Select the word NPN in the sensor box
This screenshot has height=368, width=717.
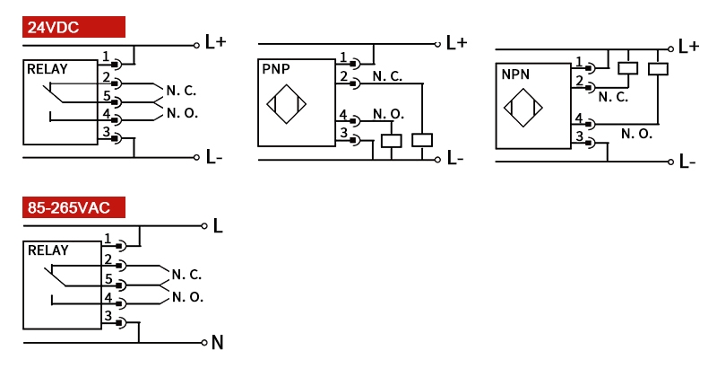pyautogui.click(x=514, y=76)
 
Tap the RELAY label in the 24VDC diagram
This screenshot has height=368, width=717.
pyautogui.click(x=48, y=69)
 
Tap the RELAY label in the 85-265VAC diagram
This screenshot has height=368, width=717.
pyautogui.click(x=48, y=250)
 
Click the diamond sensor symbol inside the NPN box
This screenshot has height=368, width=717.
pyautogui.click(x=523, y=112)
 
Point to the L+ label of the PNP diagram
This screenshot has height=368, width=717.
pyautogui.click(x=456, y=43)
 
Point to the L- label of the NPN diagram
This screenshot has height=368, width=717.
pyautogui.click(x=687, y=162)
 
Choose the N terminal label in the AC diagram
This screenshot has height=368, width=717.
pyautogui.click(x=217, y=342)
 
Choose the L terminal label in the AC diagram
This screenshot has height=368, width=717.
pyautogui.click(x=217, y=225)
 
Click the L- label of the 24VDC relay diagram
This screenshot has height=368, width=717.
pyautogui.click(x=213, y=157)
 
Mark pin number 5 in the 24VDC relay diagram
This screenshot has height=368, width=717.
pyautogui.click(x=106, y=96)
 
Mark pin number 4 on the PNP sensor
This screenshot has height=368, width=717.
pyautogui.click(x=342, y=114)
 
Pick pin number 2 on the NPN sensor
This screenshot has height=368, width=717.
pyautogui.click(x=579, y=82)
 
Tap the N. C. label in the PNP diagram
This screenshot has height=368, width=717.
pyautogui.click(x=387, y=77)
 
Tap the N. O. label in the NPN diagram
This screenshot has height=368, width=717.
pyautogui.click(x=636, y=134)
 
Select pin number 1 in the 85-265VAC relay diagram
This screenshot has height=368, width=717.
pyautogui.click(x=108, y=239)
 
